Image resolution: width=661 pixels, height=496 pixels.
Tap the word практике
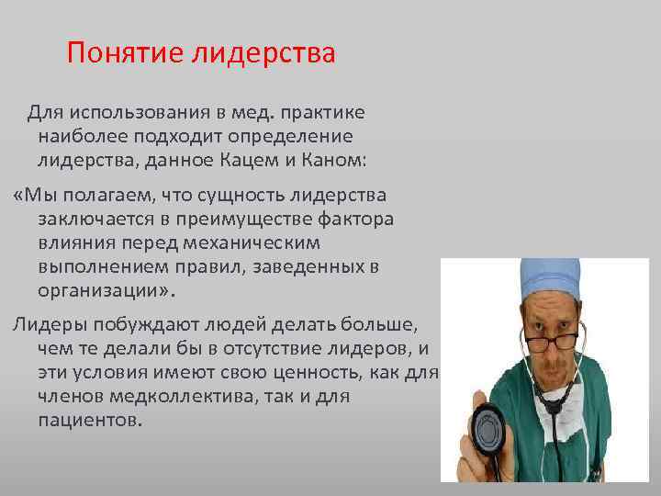[x=326, y=113]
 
